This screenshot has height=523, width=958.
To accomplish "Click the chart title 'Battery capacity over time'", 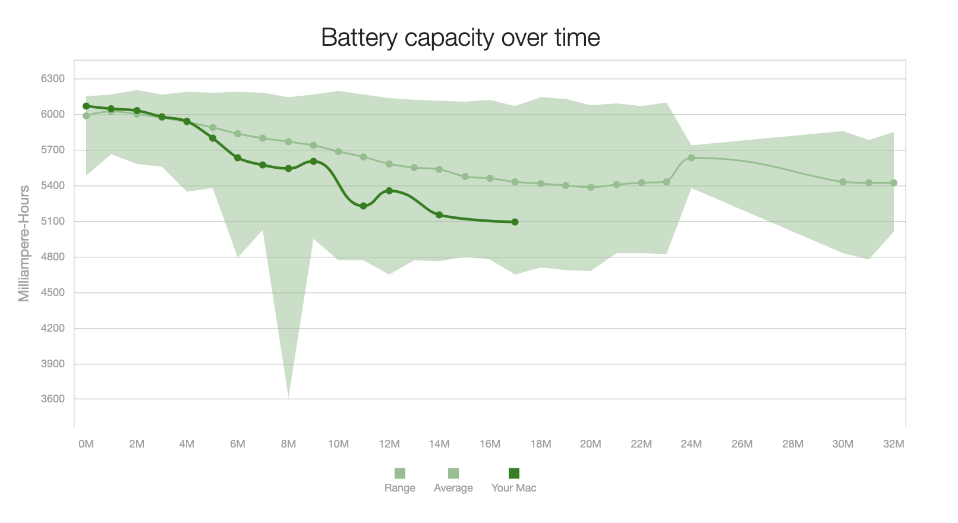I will pyautogui.click(x=460, y=37).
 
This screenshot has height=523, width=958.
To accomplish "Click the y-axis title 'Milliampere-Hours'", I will pyautogui.click(x=24, y=244).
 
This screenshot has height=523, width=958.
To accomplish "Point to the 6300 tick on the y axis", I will pyautogui.click(x=53, y=78).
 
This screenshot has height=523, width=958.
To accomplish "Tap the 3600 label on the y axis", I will pyautogui.click(x=53, y=399).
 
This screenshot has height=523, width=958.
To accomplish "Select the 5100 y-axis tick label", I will pyautogui.click(x=53, y=221).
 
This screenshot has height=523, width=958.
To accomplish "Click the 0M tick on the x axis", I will pyautogui.click(x=86, y=444).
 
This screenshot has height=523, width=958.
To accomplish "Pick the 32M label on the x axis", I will pyautogui.click(x=893, y=444).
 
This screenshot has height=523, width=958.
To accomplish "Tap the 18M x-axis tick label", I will pyautogui.click(x=540, y=444).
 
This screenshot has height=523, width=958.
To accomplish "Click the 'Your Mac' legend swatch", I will pyautogui.click(x=514, y=473).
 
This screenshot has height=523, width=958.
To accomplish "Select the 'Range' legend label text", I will pyautogui.click(x=399, y=488).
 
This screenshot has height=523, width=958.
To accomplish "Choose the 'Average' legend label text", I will pyautogui.click(x=453, y=488).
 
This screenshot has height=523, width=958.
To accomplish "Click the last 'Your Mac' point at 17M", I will pyautogui.click(x=515, y=222).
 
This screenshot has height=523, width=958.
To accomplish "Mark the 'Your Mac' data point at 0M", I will pyautogui.click(x=86, y=106).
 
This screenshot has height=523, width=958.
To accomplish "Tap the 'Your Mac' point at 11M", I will pyautogui.click(x=364, y=206).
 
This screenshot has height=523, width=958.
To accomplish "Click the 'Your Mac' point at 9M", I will pyautogui.click(x=313, y=161).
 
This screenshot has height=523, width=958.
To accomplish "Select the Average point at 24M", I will pyautogui.click(x=691, y=158).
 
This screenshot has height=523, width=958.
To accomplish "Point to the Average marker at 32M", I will pyautogui.click(x=893, y=183).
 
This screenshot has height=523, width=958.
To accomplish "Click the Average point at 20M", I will pyautogui.click(x=591, y=187).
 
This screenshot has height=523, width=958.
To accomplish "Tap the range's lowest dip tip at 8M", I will pyautogui.click(x=288, y=396).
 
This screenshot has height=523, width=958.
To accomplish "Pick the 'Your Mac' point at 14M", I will pyautogui.click(x=439, y=215).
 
